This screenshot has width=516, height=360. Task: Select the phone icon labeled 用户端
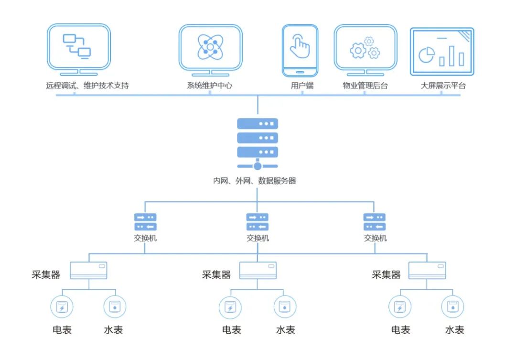coord(300,50)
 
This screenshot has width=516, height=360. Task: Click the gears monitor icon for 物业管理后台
coord(365,48)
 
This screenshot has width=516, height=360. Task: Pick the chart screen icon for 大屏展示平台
coord(442,51)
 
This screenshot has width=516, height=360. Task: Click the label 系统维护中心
coord(210,86)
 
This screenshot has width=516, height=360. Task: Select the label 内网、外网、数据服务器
coord(255,181)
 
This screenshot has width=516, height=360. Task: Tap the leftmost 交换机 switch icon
coord(145,222)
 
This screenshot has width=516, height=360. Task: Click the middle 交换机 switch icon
coord(258,222)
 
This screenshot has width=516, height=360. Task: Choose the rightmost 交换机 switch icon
coord(375,222)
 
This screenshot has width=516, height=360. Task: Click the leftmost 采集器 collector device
coord(88,271)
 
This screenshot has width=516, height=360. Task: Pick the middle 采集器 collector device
coord(258,271)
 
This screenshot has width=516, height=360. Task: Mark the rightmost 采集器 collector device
coord(428,271)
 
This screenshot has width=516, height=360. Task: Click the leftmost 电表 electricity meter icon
coord(62,307)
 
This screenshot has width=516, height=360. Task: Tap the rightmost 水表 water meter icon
coord(452,307)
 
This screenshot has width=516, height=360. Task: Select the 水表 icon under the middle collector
coord(285,307)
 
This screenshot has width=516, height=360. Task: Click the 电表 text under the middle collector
coord(231,330)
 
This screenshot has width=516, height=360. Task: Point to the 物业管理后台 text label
coord(365,86)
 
